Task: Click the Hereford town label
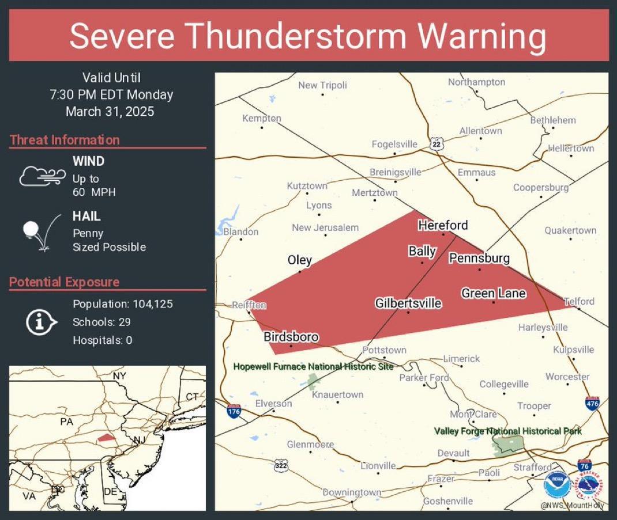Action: coord(443,225)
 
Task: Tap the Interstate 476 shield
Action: coord(592,403)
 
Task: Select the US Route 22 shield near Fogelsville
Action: coord(437,144)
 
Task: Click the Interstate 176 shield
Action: coord(234,411)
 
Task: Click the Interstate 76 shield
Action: coord(584,465)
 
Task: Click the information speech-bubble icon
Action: coord(41,322)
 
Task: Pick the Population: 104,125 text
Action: coord(123,304)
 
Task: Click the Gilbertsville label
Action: coord(408,303)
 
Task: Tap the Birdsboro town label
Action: coord(291,337)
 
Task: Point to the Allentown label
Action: coord(480,131)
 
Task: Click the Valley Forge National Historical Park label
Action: coord(507,431)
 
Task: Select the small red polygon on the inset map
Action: coord(106,438)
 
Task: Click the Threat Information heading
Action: coord(65,140)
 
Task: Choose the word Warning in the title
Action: coord(481,36)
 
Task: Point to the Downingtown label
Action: coord(352,492)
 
